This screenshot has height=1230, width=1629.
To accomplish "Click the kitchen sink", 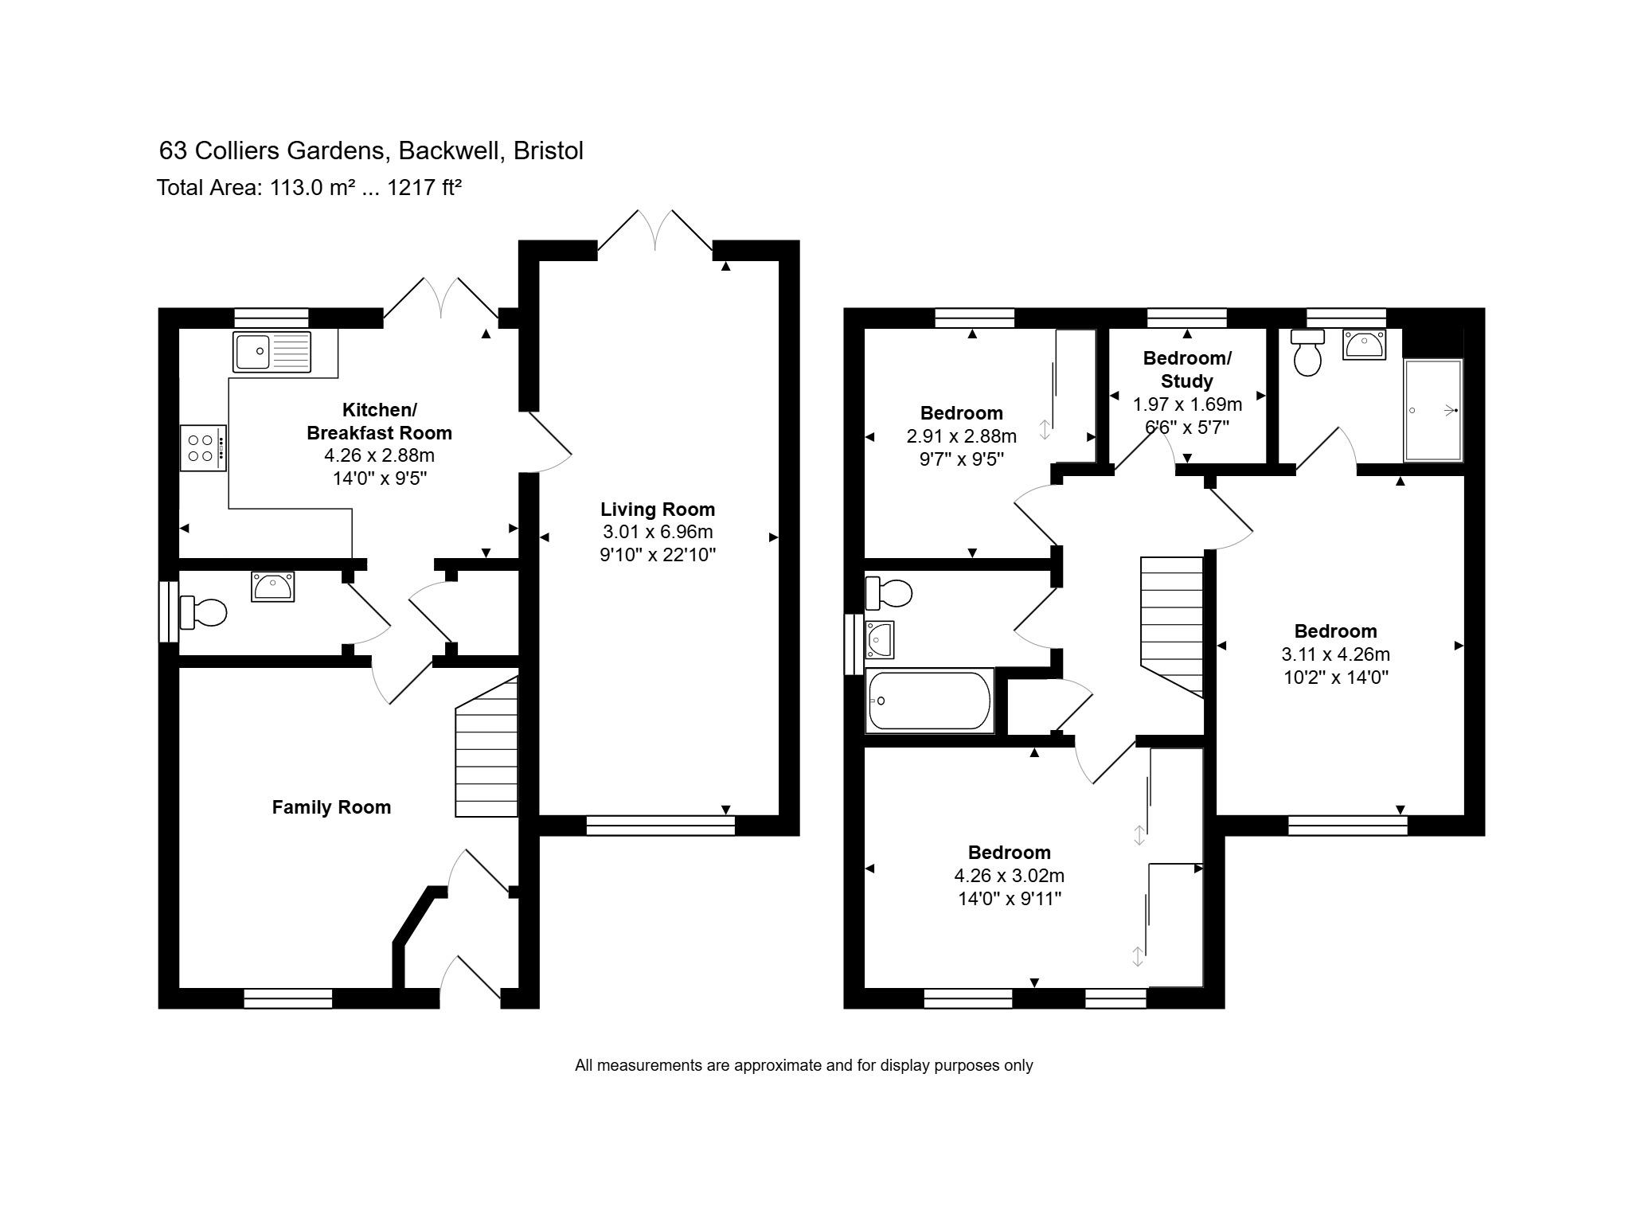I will coord(271,352).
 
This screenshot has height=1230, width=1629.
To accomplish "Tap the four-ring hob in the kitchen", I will coord(202,448).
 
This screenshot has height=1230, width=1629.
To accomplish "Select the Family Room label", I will coord(331,807).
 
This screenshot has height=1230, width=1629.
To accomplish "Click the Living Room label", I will coord(658,510).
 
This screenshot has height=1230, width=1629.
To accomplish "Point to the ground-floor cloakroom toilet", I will coord(205,612).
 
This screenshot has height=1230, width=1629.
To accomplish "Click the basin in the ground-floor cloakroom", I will coord(273,586).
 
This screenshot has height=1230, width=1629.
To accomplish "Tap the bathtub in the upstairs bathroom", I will coord(929,701).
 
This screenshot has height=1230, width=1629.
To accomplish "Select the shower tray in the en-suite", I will coord(1433,411).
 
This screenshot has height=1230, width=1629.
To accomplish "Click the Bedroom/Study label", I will coord(1187,369).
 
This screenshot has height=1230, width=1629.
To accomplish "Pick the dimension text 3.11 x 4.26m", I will coord(1335,654).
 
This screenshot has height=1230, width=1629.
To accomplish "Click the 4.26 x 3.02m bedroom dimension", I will coord(1009,876).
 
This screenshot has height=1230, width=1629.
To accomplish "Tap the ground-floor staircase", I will coord(486,748).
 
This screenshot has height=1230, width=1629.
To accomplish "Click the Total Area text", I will coord(309,188).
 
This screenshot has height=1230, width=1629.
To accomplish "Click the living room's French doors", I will coord(655,232).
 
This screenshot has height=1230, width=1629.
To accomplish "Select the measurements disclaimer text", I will coord(803,1065).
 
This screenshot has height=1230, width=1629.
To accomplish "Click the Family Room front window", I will coord(287,998).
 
